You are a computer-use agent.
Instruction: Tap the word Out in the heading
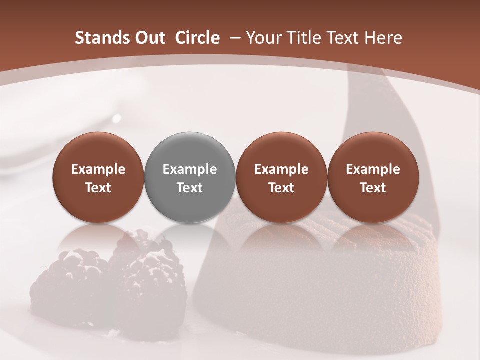[x=149, y=38]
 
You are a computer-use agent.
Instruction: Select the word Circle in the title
[x=197, y=38]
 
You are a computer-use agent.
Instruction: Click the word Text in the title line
[x=340, y=38]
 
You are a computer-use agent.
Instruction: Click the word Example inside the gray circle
[x=190, y=169]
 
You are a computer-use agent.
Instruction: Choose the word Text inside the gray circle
[x=190, y=188]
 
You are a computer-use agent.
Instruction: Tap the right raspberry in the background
[x=145, y=280]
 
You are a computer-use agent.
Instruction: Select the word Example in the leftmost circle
[x=98, y=169]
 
